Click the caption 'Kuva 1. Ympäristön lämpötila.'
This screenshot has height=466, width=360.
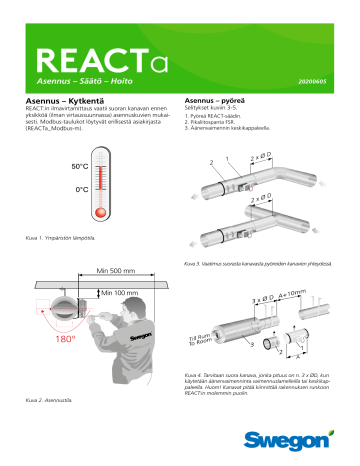coord(59,237)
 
